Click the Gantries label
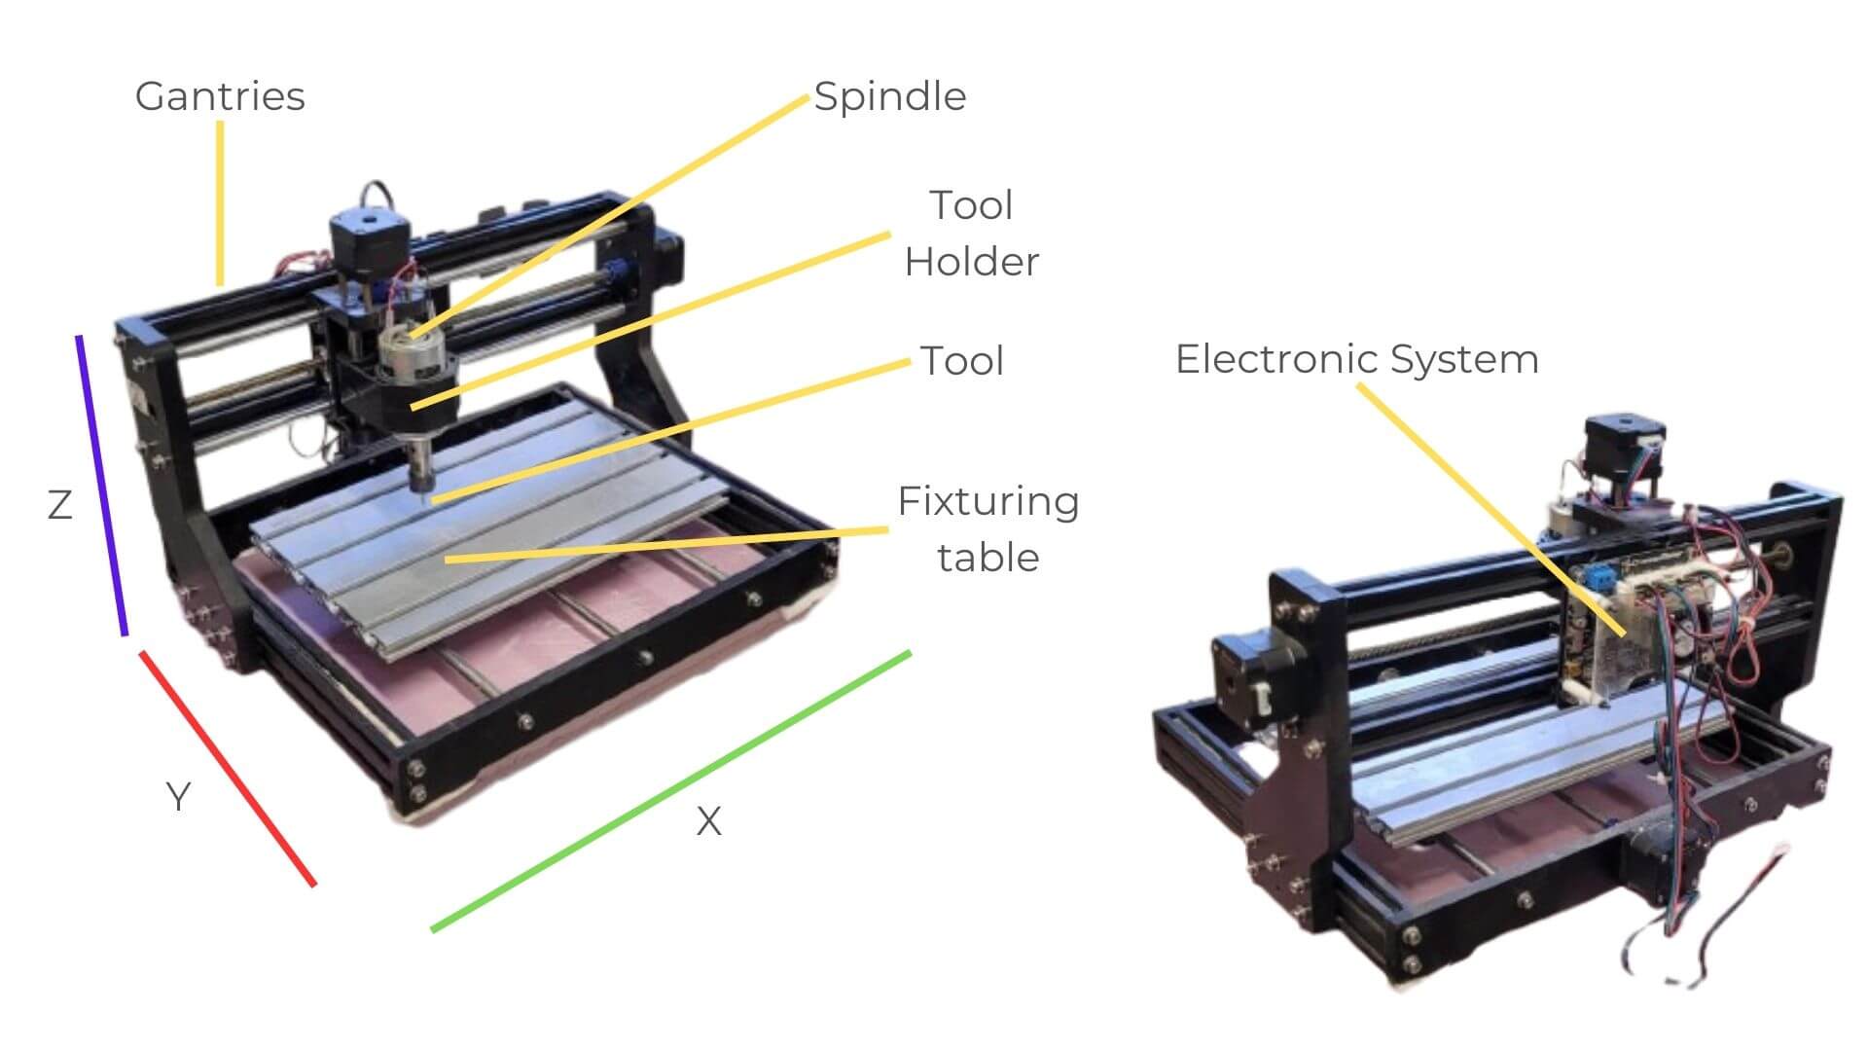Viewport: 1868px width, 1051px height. coord(220,96)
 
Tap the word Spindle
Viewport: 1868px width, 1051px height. coord(890,96)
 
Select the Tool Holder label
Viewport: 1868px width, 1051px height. coord(972,234)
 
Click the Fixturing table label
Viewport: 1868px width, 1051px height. coord(988,529)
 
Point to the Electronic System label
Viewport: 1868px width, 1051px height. coord(1357,359)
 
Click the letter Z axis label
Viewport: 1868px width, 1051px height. coord(60,505)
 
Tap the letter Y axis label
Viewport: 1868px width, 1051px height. coord(178,797)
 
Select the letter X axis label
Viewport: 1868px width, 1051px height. coord(709,822)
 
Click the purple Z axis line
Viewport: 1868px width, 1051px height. coord(102,486)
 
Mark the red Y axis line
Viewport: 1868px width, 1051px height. coord(229,769)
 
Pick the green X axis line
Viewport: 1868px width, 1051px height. coord(671,791)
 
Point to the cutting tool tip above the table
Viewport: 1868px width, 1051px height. coord(424,495)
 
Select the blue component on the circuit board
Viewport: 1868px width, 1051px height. coord(1598,579)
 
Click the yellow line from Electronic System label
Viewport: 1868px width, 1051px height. coord(1491,510)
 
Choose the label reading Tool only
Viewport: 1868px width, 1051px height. coord(962,361)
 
